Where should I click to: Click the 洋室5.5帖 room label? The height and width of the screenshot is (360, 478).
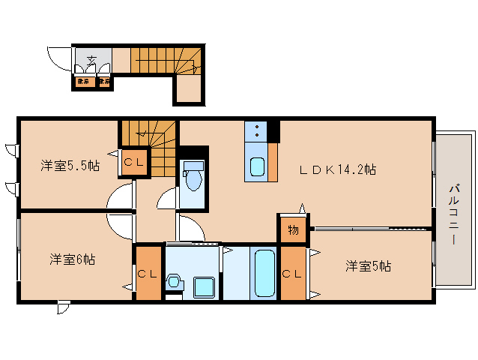[x=69, y=166]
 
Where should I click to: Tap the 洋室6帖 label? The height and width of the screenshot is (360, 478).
[x=72, y=259]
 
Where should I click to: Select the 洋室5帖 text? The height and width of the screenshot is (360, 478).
[x=368, y=265]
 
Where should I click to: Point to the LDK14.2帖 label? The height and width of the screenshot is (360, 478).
[x=338, y=169]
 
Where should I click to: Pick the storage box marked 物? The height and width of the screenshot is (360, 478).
[x=293, y=229]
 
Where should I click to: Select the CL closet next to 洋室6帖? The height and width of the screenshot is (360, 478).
[x=146, y=274]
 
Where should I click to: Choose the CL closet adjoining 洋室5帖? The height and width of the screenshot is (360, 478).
[x=293, y=274]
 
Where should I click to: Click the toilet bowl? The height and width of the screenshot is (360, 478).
[x=193, y=178]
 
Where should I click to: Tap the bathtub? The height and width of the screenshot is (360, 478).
[x=265, y=273]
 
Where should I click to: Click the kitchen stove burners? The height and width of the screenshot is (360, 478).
[x=256, y=132]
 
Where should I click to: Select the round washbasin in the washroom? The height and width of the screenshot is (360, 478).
[x=175, y=282]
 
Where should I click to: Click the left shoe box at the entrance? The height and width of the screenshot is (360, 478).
[x=84, y=81]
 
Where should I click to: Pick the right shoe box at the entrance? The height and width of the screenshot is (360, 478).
[x=104, y=81]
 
